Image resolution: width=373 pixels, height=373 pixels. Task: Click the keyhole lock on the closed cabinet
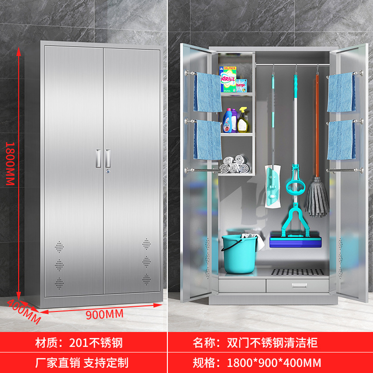click(108, 173)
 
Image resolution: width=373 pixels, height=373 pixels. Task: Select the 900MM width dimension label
click(104, 314)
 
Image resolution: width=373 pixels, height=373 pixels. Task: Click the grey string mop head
click(317, 198)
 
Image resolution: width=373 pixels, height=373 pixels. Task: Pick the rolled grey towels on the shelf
click(235, 164)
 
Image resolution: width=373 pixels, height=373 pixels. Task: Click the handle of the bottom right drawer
click(296, 285)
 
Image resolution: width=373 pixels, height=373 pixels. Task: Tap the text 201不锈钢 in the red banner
click(95, 344)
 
